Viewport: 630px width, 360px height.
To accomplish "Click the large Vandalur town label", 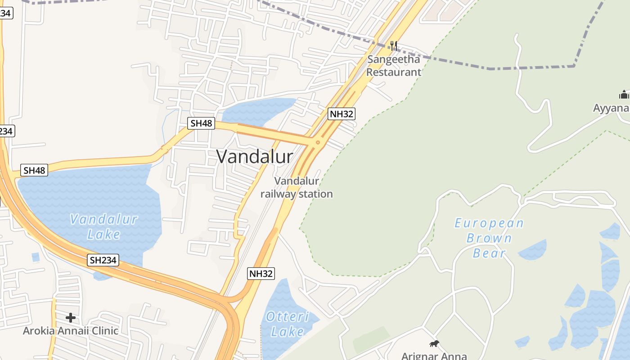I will point(255,157).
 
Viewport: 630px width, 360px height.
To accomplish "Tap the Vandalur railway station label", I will point(297,188).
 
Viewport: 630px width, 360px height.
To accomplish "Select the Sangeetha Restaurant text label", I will point(394,66).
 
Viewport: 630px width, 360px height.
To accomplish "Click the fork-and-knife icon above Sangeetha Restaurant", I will point(394,45).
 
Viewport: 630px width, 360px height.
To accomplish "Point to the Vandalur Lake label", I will point(104,227).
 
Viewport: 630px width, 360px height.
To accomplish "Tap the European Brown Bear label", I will point(489,238).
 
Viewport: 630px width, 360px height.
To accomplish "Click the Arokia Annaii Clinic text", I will point(71,331).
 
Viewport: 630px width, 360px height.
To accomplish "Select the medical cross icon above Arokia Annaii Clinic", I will point(71,318).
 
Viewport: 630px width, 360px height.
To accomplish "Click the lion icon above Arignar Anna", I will point(434,344).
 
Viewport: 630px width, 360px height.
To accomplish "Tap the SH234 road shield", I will point(103,260).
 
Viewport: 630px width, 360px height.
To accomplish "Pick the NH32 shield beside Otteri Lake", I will point(261,274).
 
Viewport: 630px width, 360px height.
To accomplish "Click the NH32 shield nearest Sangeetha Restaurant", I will point(342,114).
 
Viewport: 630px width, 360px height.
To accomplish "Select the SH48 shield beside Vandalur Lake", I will point(35,171).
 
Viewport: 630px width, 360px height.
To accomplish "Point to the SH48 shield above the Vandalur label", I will point(201,123).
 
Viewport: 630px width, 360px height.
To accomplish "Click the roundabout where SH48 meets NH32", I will point(318,143).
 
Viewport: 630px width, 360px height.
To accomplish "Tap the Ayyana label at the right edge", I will point(611,108).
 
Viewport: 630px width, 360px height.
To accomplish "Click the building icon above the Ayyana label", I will point(624,94).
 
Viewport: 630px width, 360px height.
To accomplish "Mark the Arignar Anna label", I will point(434,356).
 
